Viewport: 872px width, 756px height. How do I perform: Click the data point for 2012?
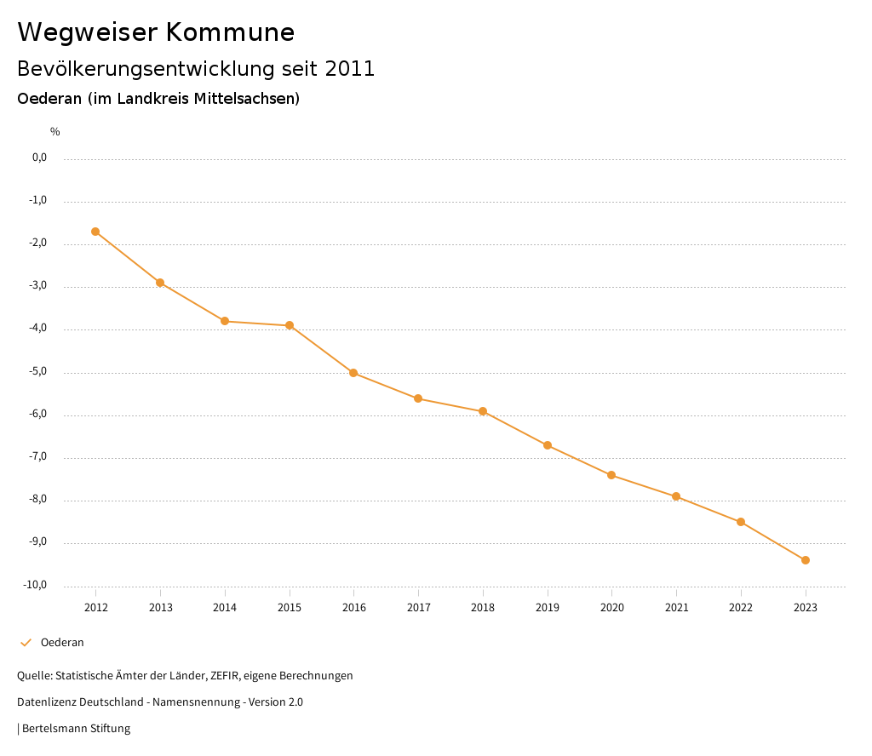(x=95, y=232)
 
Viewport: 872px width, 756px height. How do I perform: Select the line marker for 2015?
(x=290, y=325)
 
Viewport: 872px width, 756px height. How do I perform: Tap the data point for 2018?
(x=483, y=411)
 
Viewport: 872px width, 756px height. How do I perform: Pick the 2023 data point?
(x=806, y=560)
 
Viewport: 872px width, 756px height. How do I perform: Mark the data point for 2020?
(x=611, y=475)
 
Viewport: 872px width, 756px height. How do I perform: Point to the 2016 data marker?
(x=353, y=373)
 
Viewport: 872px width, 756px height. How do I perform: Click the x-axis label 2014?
(x=225, y=607)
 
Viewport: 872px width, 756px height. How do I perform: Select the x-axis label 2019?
(x=548, y=607)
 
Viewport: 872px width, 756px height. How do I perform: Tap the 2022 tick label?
(x=741, y=607)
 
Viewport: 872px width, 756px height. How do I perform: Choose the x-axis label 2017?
(x=418, y=607)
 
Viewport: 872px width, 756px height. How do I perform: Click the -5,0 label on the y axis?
(x=39, y=371)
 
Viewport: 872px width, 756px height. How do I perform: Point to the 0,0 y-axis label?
(x=40, y=157)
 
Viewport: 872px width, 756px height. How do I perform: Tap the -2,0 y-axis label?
(x=39, y=243)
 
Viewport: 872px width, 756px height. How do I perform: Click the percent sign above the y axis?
(x=55, y=132)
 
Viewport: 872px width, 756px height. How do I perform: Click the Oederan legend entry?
(x=62, y=643)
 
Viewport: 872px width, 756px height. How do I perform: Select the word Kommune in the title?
(x=230, y=32)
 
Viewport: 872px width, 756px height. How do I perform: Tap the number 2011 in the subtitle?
(x=350, y=69)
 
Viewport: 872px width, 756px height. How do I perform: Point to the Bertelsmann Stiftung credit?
(x=76, y=729)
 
